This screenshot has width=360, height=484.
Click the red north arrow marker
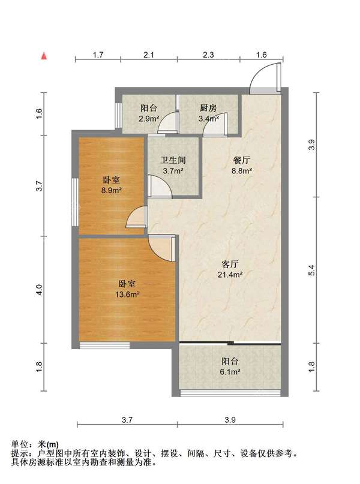(43, 56)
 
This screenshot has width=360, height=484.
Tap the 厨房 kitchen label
(208, 109)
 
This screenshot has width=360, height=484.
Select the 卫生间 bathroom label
(173, 161)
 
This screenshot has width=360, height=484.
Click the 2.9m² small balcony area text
(149, 119)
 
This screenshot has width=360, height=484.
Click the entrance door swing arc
(263, 76)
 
